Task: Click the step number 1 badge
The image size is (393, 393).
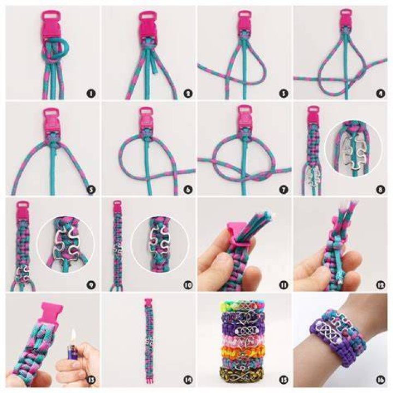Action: (91, 93)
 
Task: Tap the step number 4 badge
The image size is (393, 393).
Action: (380, 93)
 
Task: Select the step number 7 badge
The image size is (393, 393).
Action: (284, 190)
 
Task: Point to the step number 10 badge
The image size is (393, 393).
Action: (188, 285)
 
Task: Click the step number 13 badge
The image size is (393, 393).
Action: (91, 380)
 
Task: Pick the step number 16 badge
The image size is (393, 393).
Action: (380, 380)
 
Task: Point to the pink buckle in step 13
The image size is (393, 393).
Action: (52, 313)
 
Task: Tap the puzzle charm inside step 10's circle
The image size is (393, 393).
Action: (159, 241)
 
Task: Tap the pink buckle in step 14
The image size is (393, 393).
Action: (150, 302)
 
